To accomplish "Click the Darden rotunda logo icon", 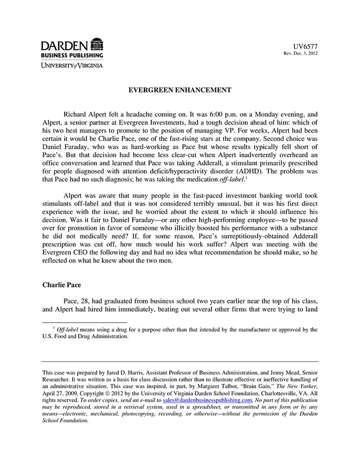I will click(97, 44).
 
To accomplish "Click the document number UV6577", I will click(305, 46).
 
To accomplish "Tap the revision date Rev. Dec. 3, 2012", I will click(301, 53).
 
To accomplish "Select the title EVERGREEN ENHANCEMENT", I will click(179, 90).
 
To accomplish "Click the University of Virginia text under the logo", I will click(72, 65).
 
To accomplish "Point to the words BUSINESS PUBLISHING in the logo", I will click(72, 55).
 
